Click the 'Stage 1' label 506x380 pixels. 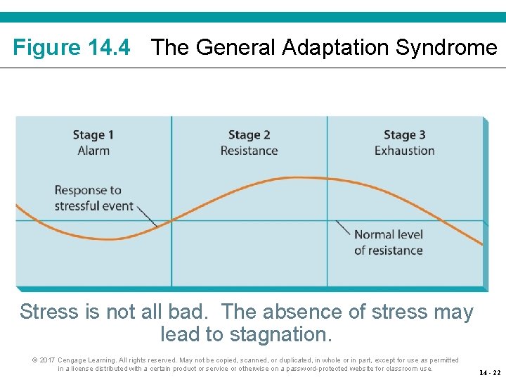[x=93, y=135]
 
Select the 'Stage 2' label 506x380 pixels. [x=249, y=135]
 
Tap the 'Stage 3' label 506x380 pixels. [x=404, y=135]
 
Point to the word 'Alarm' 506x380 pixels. [x=93, y=151]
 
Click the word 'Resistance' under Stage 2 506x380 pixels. [x=249, y=151]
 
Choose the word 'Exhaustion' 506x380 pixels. [x=404, y=151]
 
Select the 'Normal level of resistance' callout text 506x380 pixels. [x=388, y=242]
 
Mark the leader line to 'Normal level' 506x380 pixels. [x=343, y=228]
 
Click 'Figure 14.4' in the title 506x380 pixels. [x=72, y=48]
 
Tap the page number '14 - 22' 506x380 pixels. [x=490, y=372]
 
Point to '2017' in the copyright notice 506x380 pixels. [x=47, y=360]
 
